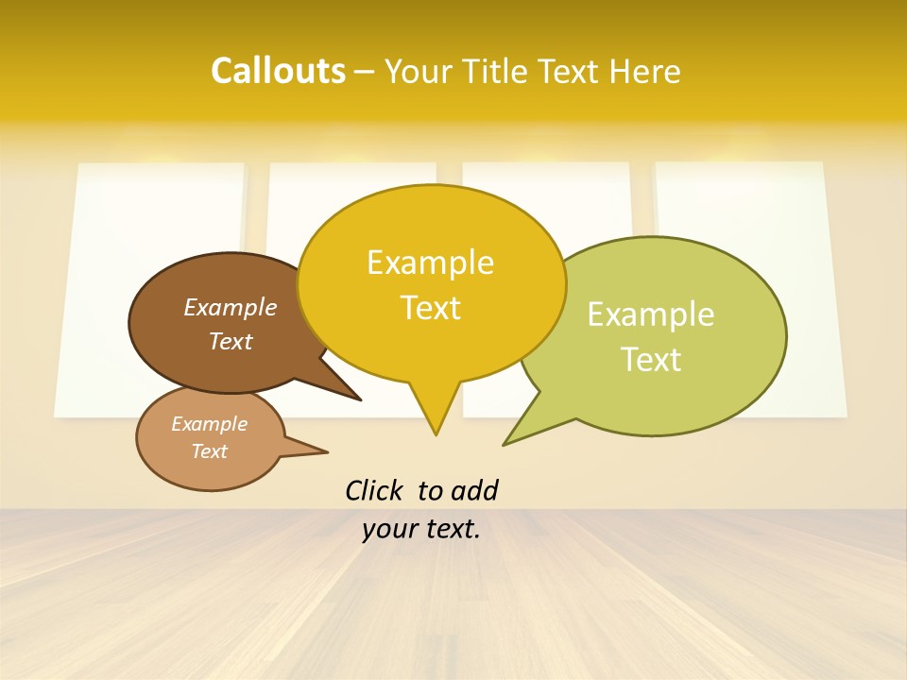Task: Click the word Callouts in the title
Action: [x=278, y=71]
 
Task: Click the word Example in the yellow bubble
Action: [x=430, y=263]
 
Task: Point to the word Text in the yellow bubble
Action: [x=430, y=308]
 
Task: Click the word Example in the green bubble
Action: [x=651, y=314]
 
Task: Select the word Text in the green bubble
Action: [x=651, y=360]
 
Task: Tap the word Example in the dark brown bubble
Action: [x=230, y=308]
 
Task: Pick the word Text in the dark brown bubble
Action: [x=230, y=341]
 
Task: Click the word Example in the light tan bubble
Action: [x=209, y=424]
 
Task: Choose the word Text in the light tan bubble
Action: [x=209, y=451]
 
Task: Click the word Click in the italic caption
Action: [x=375, y=490]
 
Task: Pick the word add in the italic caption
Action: [x=474, y=490]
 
